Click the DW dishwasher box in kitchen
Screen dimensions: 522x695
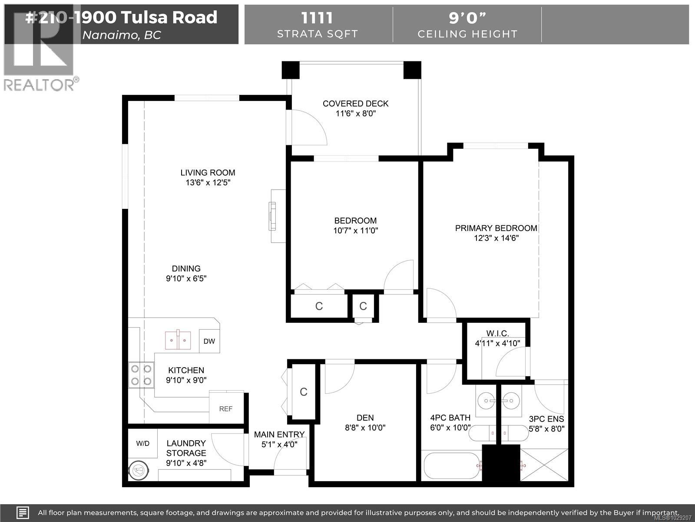pos(209,341)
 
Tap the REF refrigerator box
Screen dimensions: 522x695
pos(225,408)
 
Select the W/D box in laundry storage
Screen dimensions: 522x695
pos(142,444)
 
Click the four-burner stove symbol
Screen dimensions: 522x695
pos(141,375)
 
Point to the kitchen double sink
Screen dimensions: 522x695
pos(178,341)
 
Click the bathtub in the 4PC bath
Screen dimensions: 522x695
pos(452,466)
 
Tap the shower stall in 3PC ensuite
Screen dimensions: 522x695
pos(544,465)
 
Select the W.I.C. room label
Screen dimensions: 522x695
pos(497,333)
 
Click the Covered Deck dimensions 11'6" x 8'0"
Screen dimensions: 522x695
pos(355,114)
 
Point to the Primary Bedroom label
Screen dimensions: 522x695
pos(496,228)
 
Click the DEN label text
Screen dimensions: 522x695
pos(365,418)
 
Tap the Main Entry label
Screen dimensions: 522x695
pos(279,435)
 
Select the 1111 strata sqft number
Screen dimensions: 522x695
pos(317,18)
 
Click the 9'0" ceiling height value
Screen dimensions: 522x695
pos(467,18)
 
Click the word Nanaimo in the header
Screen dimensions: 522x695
pos(109,35)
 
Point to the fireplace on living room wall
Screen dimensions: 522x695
pos(276,216)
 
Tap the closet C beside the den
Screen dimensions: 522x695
pos(304,392)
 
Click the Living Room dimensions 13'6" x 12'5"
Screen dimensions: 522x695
pos(208,183)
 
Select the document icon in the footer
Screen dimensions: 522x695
pos(23,512)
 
